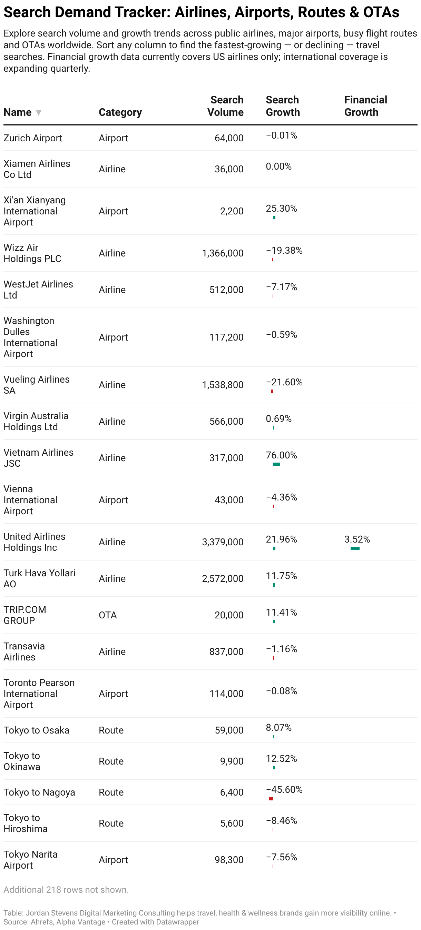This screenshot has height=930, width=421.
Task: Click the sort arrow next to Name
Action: click(39, 113)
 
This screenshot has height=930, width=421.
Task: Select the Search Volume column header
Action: click(225, 106)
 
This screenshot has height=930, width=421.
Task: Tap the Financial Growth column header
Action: click(365, 106)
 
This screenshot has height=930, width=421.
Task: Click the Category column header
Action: click(120, 112)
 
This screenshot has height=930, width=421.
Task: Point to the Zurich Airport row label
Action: click(33, 138)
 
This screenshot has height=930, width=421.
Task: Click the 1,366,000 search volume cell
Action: click(223, 253)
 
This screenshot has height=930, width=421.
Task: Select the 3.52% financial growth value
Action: click(357, 539)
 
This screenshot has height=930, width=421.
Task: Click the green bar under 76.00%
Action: click(277, 464)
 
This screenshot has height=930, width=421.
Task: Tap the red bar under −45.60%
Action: click(271, 799)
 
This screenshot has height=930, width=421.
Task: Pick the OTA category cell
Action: click(108, 615)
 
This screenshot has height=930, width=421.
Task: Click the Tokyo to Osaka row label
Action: click(37, 730)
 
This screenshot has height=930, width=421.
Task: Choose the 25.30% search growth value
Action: click(282, 208)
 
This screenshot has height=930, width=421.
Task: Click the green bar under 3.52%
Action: click(355, 548)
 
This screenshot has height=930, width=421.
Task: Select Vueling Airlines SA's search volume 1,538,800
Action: click(223, 385)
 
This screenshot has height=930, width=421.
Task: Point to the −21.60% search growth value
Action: click(284, 382)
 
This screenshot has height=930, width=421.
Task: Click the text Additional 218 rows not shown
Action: click(66, 890)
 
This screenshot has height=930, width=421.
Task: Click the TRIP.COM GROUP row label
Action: click(25, 615)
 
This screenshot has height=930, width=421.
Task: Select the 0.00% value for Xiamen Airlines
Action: click(278, 166)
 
